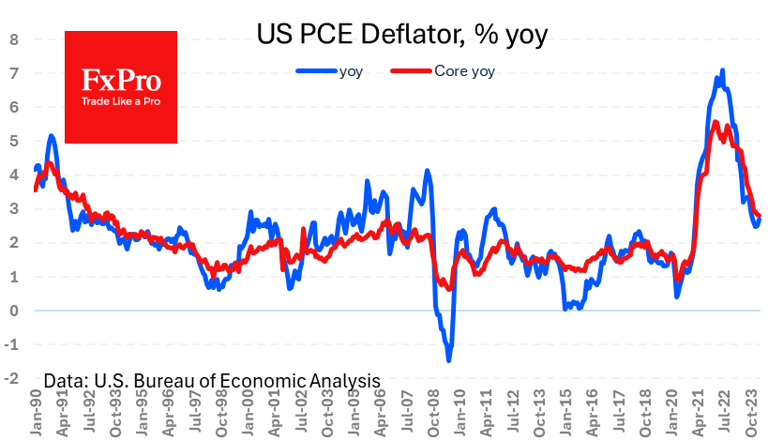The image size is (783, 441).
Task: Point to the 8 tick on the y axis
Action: pyautogui.click(x=14, y=39)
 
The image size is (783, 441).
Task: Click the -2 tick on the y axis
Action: pyautogui.click(x=12, y=378)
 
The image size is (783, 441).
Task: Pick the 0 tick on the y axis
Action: pyautogui.click(x=14, y=311)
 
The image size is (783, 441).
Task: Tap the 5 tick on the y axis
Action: pyautogui.click(x=14, y=141)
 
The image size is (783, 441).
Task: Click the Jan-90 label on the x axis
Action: pyautogui.click(x=34, y=414)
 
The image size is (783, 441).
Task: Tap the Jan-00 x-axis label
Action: pyautogui.click(x=248, y=414)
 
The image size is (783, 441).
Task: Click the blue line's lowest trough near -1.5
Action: pyautogui.click(x=449, y=360)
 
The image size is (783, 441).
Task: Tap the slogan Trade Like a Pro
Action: pyautogui.click(x=120, y=99)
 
